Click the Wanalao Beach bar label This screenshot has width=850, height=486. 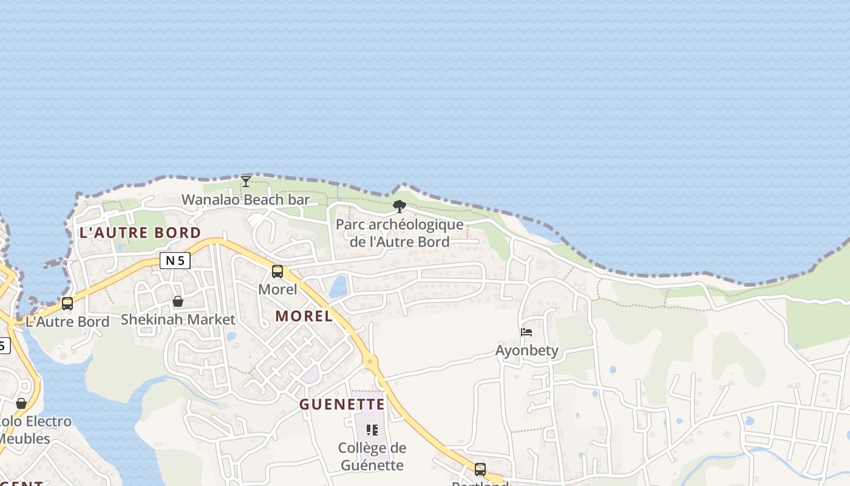click(245, 199)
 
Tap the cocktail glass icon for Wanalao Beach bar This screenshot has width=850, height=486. click(245, 181)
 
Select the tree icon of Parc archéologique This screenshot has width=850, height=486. click(399, 207)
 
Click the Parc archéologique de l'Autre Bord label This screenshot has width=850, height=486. click(399, 233)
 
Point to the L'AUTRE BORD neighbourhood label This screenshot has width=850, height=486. click(140, 233)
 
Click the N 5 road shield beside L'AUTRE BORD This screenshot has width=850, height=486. click(175, 261)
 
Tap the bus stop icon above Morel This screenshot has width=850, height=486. click(277, 272)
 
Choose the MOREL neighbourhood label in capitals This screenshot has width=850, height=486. click(304, 316)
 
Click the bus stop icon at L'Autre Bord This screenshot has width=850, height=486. click(67, 303)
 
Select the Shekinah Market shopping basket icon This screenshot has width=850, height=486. click(178, 301)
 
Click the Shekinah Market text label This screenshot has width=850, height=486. click(178, 319)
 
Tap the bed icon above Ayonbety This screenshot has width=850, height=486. click(526, 332)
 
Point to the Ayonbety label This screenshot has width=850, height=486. click(526, 351)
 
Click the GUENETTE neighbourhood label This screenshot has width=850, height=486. click(342, 405)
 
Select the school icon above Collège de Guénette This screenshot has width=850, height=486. click(372, 430)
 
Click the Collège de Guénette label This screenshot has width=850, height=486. click(372, 456)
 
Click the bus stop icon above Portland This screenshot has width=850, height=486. click(480, 469)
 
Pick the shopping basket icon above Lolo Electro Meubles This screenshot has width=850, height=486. click(21, 403)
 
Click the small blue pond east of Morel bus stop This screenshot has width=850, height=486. click(339, 287)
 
